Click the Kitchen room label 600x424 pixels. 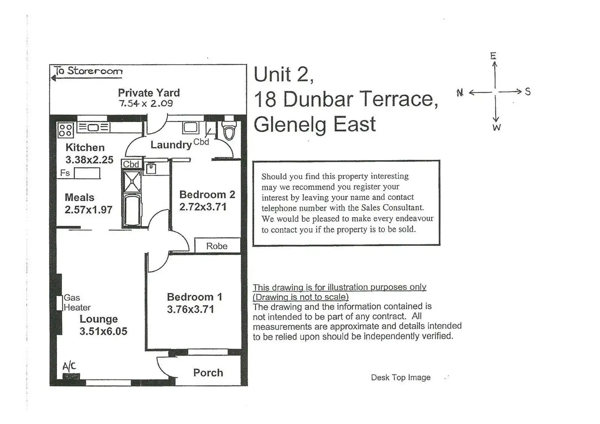(x=85, y=148)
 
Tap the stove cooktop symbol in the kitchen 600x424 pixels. (x=66, y=130)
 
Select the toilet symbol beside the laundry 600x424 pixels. (x=229, y=130)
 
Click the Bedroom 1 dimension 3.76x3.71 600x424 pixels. (x=190, y=309)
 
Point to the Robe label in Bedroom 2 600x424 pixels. (x=216, y=246)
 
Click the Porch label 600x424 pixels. (x=208, y=373)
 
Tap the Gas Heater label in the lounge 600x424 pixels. (x=77, y=303)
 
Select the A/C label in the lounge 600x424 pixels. (x=69, y=366)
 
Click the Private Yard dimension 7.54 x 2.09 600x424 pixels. (x=146, y=104)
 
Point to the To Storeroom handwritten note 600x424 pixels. (x=88, y=71)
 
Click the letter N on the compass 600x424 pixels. (x=460, y=93)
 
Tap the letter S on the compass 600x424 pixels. (x=528, y=92)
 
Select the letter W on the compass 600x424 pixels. (x=496, y=128)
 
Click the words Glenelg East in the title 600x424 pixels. (x=314, y=124)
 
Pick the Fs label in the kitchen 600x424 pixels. (x=65, y=173)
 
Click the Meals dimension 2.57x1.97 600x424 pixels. (x=88, y=210)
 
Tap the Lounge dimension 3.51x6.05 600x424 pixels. (x=103, y=331)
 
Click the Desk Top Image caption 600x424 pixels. (x=400, y=378)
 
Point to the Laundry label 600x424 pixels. (x=171, y=145)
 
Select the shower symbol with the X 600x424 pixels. (x=132, y=181)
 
